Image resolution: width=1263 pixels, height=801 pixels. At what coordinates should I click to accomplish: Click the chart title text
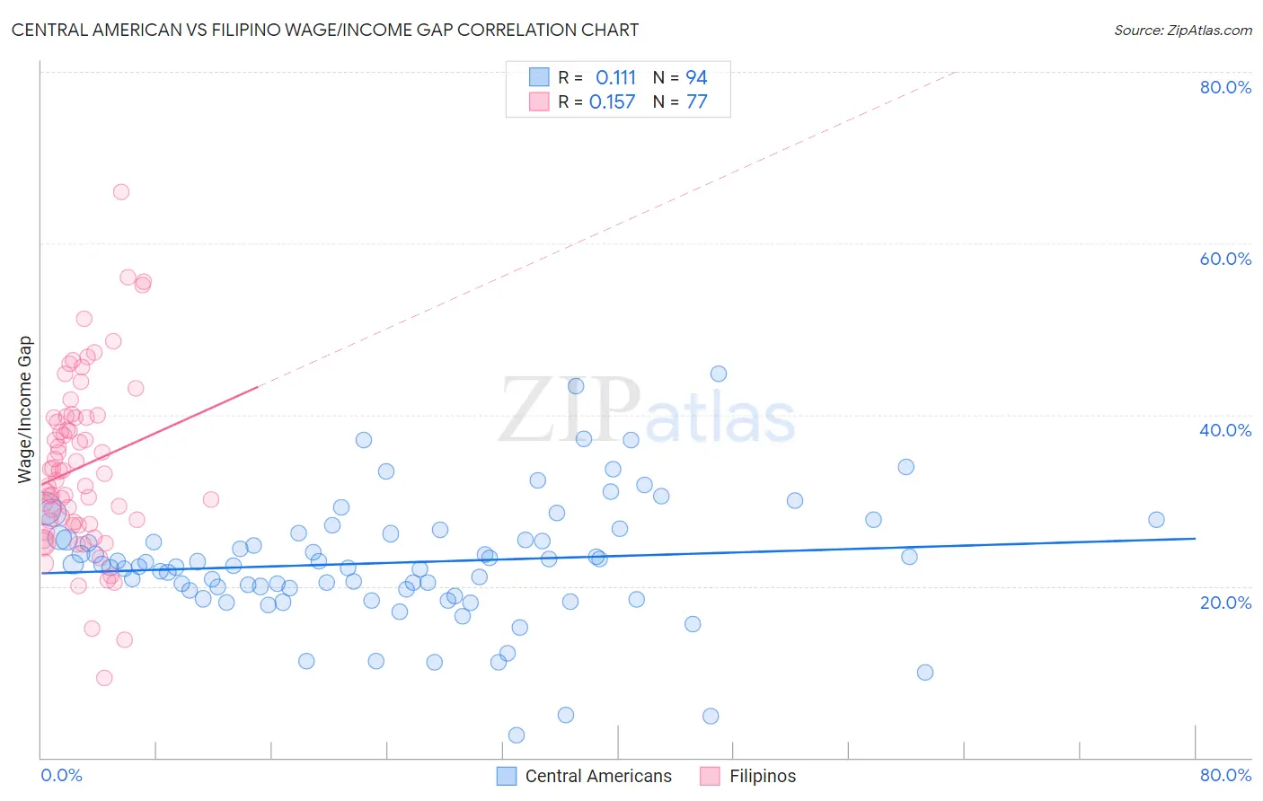[325, 30]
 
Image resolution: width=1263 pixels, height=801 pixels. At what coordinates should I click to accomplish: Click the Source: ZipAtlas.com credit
[1182, 30]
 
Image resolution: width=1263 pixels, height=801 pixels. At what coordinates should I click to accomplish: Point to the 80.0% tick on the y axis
[1225, 87]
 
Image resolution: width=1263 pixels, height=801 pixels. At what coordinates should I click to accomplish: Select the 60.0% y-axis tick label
[1225, 259]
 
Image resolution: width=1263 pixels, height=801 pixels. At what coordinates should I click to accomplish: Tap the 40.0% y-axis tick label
[1225, 430]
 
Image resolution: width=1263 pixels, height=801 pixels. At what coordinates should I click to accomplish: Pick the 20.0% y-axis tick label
[1225, 602]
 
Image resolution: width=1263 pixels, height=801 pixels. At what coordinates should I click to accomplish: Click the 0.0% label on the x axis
[62, 775]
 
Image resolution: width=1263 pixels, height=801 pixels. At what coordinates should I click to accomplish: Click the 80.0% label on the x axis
[1225, 775]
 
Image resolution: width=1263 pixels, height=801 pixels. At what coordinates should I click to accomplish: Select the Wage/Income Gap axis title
[25, 409]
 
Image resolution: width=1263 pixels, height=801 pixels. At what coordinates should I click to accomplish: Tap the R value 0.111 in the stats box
[615, 78]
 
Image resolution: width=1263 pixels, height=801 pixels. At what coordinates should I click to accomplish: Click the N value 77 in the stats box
[696, 102]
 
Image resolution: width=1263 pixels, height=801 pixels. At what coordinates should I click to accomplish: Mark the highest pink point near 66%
[121, 191]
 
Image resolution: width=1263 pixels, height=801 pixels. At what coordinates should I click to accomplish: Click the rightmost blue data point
[1156, 520]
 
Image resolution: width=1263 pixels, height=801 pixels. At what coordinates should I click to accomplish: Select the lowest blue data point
[517, 735]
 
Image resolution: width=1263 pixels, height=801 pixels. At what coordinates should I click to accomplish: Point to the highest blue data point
[719, 374]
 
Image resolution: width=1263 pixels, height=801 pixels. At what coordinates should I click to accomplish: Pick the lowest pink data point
[104, 678]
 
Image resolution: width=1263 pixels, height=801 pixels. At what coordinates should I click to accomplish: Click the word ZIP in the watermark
[570, 410]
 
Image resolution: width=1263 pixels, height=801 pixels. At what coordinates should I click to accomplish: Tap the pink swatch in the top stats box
[539, 101]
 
